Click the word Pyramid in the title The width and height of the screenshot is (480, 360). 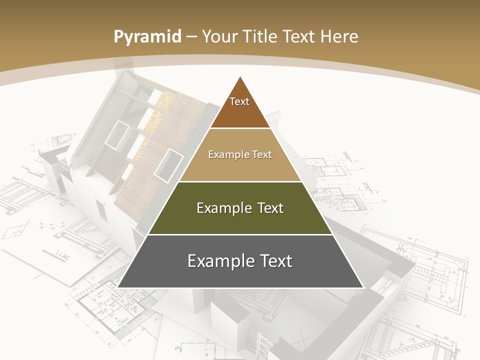147,36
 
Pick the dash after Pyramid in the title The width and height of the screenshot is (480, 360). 191,37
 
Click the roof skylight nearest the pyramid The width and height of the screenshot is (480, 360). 168,164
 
